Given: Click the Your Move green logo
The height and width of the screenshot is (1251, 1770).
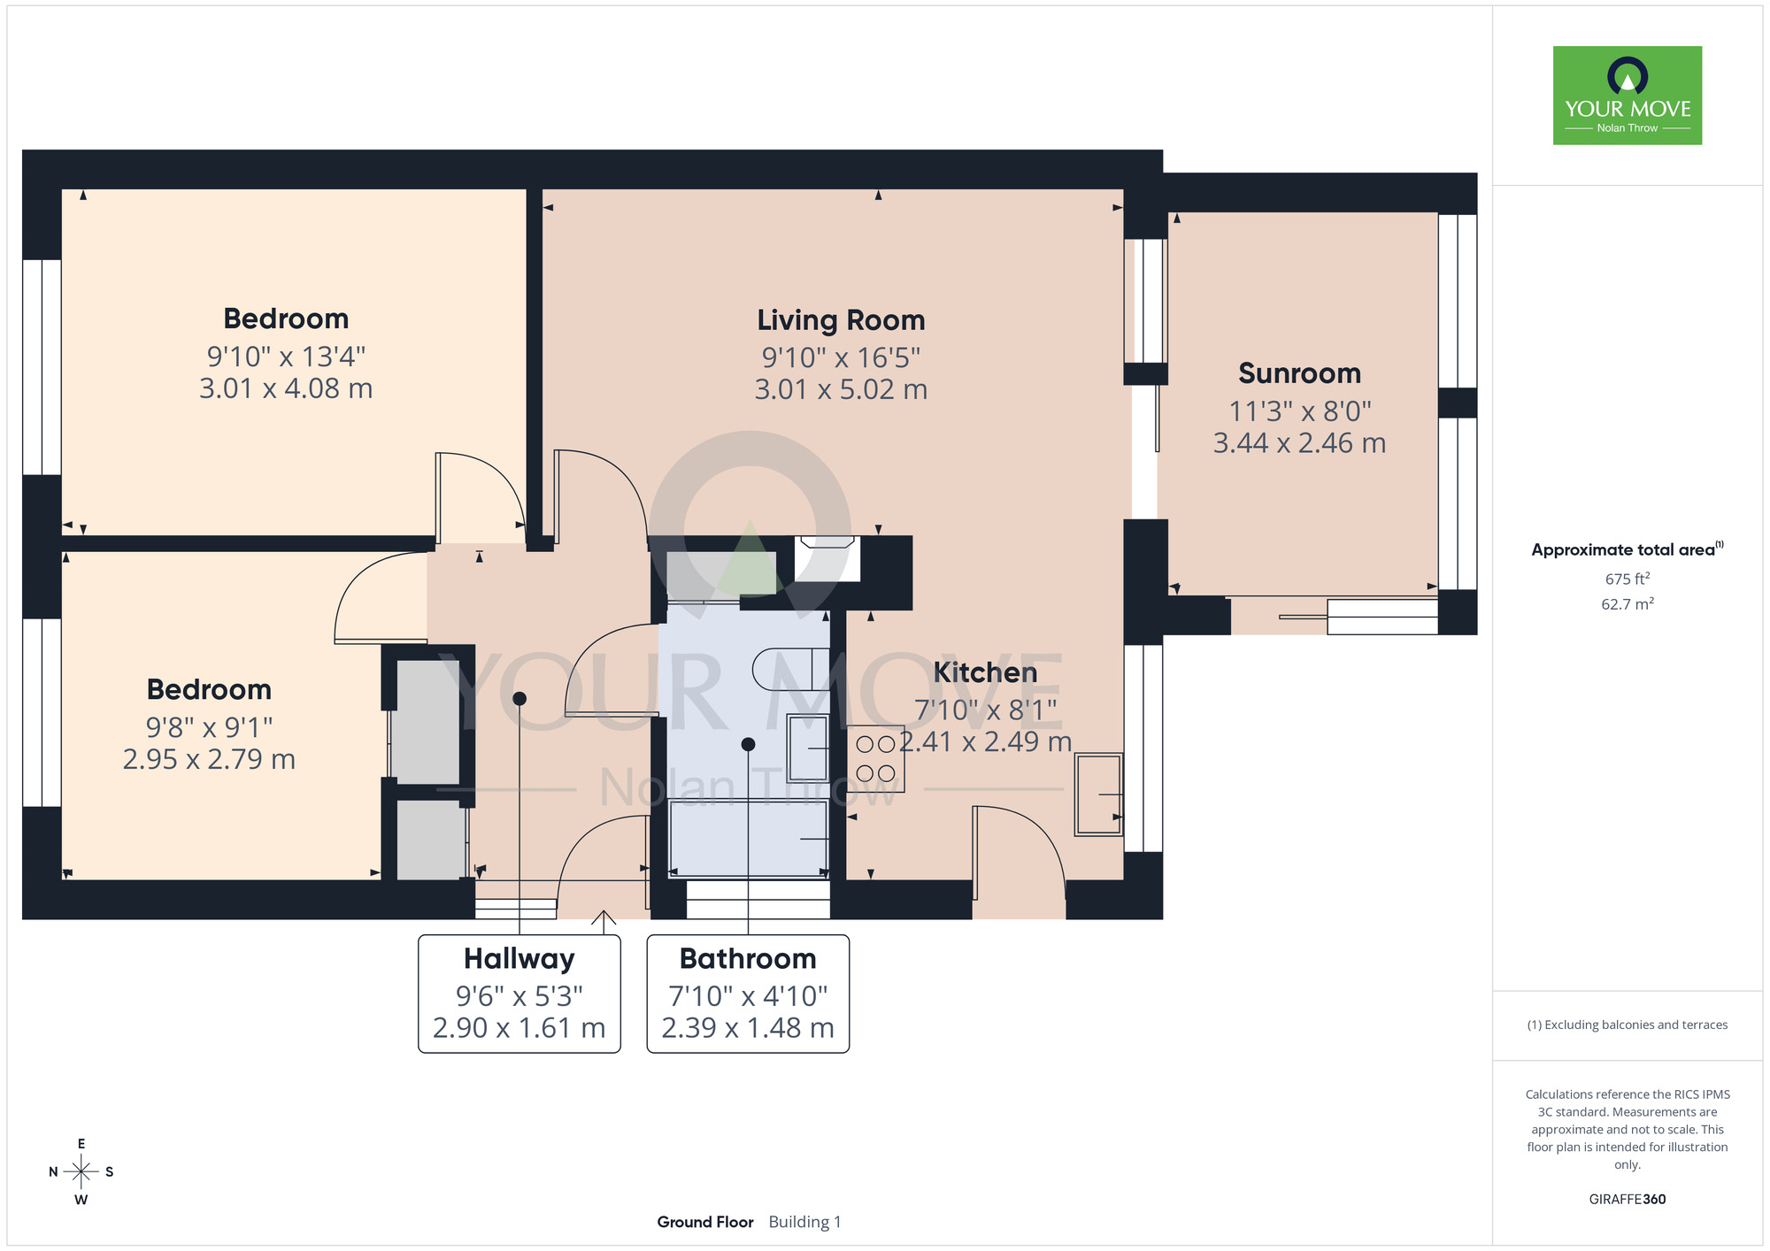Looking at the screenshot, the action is click(1628, 96).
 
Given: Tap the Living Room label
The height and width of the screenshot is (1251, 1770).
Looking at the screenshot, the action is click(841, 320).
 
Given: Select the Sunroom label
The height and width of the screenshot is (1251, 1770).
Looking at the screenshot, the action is click(1299, 373).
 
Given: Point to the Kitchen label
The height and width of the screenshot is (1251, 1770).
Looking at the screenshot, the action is click(985, 672).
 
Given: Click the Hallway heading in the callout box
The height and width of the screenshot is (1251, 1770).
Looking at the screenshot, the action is click(519, 959).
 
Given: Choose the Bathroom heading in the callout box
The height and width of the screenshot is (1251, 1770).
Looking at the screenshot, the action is click(748, 958).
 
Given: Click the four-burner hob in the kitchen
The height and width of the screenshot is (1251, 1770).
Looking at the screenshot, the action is click(876, 758).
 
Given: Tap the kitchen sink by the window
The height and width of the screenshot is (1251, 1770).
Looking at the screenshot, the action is click(1098, 794).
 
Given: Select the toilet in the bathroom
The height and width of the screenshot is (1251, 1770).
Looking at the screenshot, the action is click(790, 669).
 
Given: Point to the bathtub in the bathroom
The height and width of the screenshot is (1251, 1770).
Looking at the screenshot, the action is click(749, 838).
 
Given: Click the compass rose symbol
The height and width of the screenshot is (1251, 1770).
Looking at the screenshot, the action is click(81, 1172).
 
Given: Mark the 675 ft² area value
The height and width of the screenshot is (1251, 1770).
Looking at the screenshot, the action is click(1628, 579).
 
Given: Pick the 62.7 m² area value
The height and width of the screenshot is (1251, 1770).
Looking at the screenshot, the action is click(1628, 604).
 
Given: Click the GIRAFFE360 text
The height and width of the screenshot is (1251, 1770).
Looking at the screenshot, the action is click(1628, 1200).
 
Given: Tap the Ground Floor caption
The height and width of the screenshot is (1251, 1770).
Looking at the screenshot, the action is click(705, 1222).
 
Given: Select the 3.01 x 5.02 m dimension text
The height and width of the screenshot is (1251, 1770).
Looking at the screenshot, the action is click(841, 389).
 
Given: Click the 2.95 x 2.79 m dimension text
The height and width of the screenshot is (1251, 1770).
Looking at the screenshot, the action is click(209, 759).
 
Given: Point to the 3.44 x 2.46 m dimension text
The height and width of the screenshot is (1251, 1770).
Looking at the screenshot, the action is click(1299, 442).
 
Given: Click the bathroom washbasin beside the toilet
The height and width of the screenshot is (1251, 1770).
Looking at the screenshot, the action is click(808, 748).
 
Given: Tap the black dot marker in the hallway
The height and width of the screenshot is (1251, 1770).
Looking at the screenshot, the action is click(519, 699).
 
